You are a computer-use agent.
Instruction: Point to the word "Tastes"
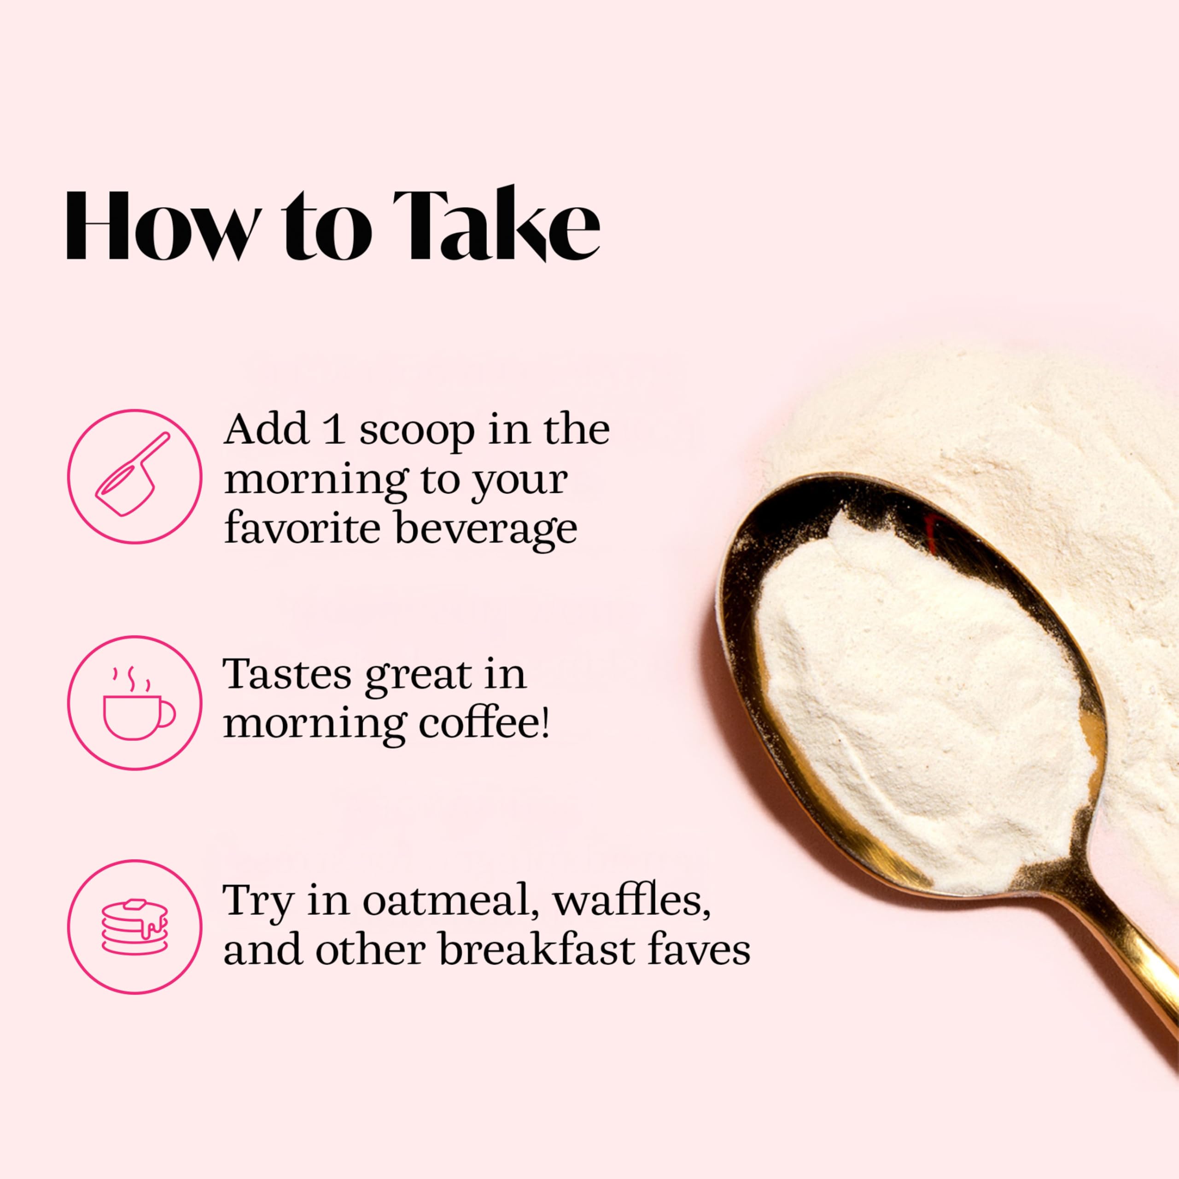(287, 674)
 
